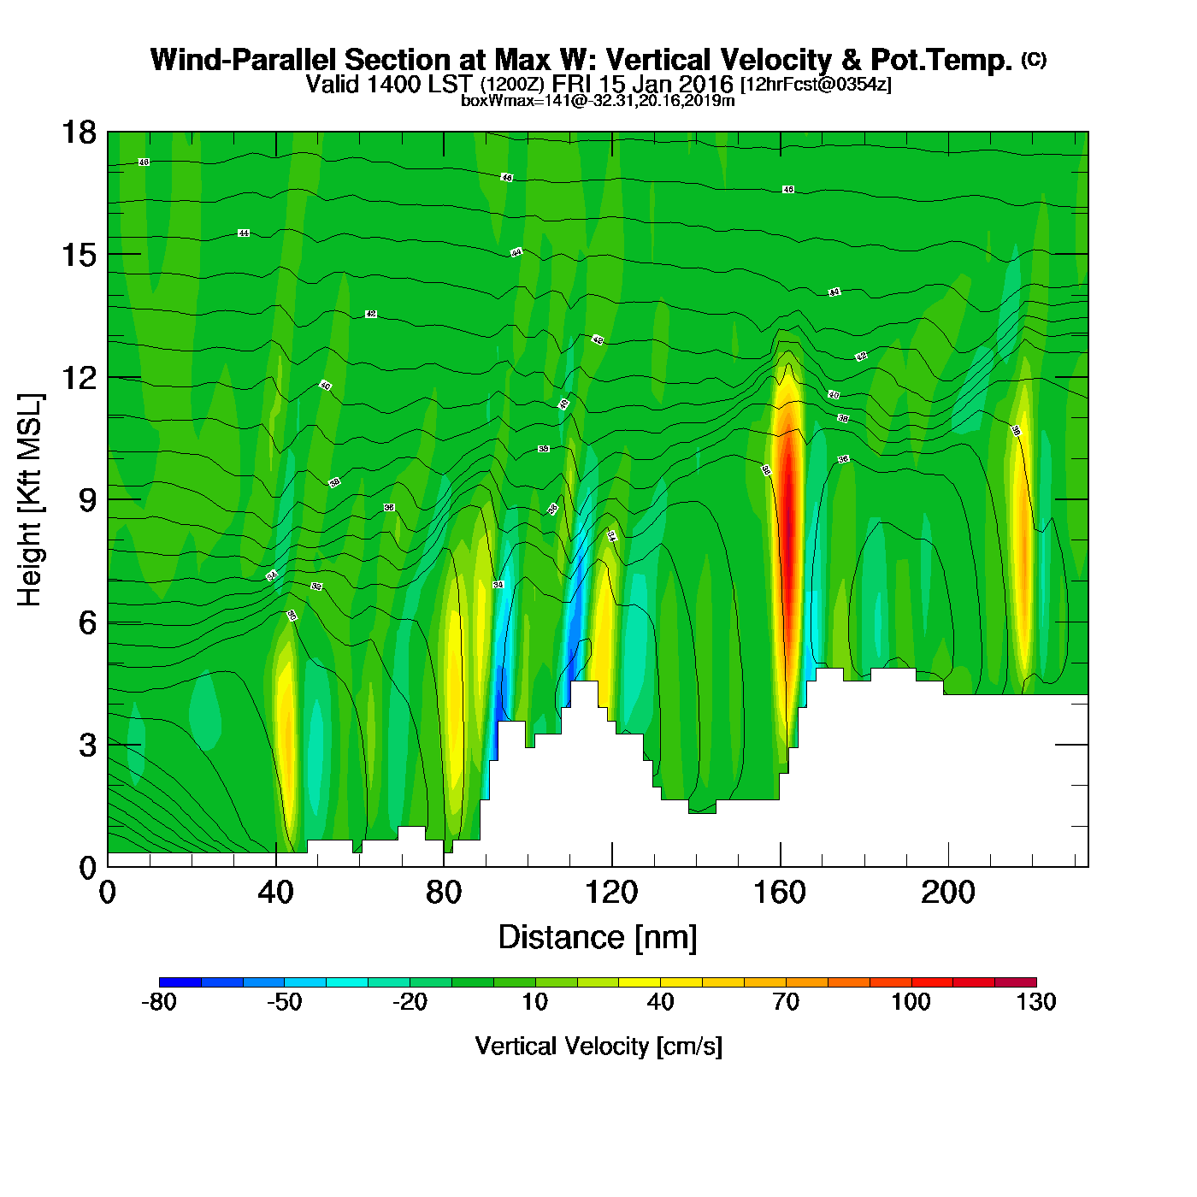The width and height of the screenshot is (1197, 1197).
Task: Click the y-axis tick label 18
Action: (x=78, y=133)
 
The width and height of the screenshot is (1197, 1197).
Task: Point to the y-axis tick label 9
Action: (x=87, y=500)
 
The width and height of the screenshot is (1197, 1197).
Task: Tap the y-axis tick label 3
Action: (x=87, y=746)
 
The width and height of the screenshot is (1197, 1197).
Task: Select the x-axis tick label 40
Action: (x=275, y=893)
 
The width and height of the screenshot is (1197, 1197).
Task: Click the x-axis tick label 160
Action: (x=780, y=893)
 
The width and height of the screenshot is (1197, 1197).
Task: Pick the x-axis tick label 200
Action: (x=947, y=893)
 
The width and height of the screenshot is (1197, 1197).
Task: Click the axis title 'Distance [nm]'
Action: (x=598, y=938)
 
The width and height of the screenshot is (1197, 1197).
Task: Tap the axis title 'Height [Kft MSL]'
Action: (x=30, y=500)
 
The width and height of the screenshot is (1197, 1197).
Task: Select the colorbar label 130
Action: (x=1036, y=1002)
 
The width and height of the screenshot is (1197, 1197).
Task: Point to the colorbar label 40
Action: (x=660, y=1002)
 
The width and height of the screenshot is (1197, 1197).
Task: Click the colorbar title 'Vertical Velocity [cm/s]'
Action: (x=598, y=1046)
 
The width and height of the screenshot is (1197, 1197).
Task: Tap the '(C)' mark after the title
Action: (x=1034, y=59)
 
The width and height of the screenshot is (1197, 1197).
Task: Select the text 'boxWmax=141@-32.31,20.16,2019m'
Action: (x=598, y=101)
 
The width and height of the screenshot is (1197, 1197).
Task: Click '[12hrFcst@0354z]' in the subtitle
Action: (x=816, y=85)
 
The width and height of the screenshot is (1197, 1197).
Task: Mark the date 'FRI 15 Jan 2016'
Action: (x=642, y=84)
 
